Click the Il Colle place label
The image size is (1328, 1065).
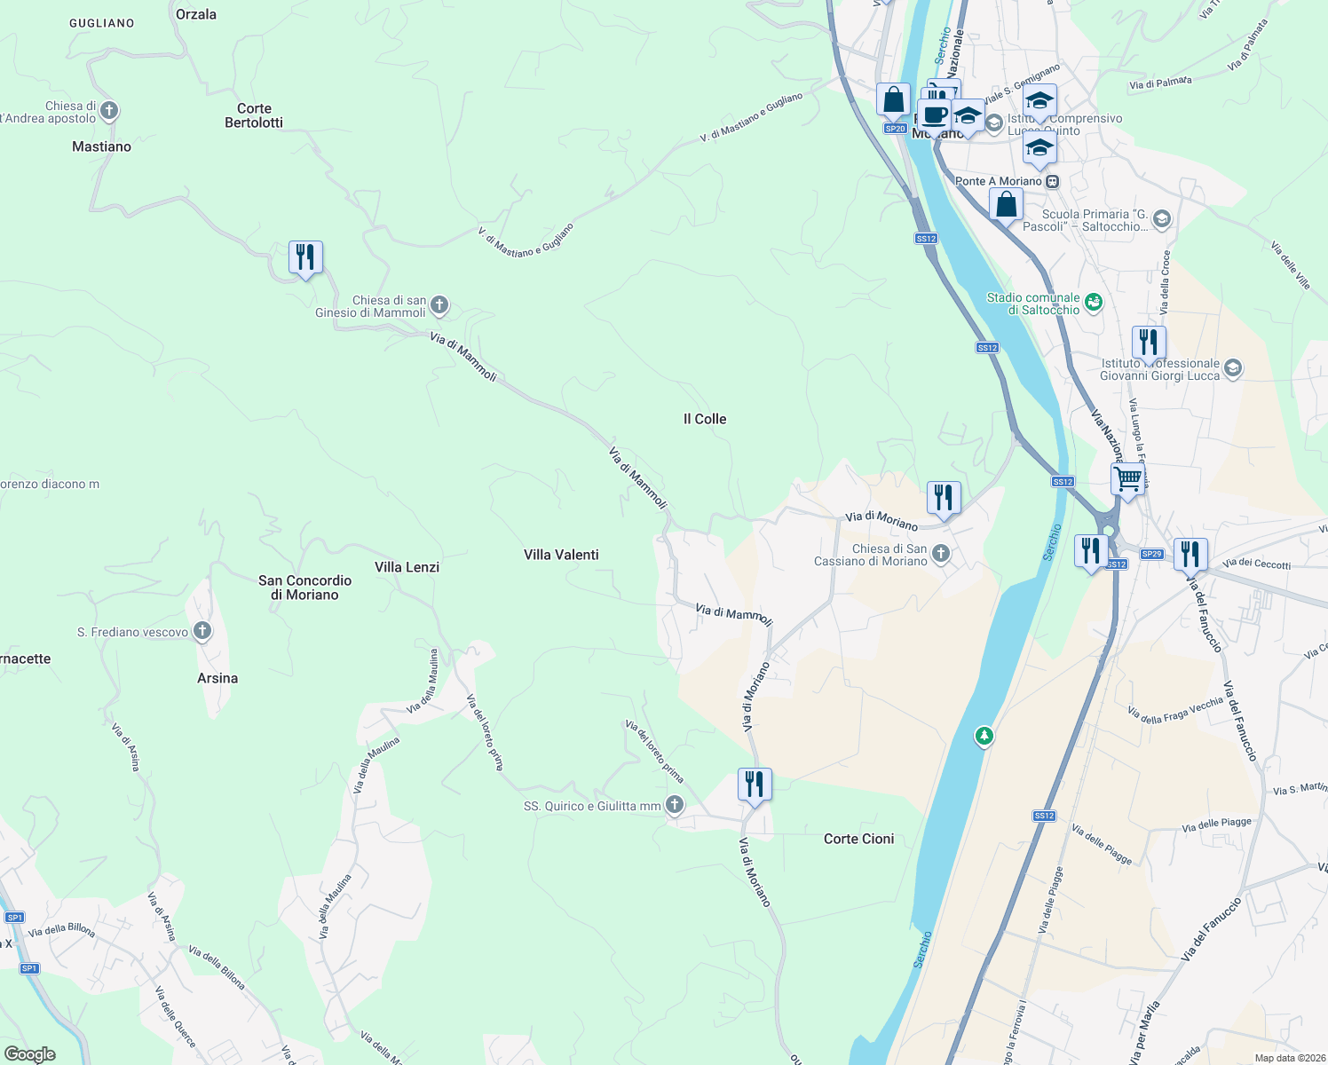pos(705,419)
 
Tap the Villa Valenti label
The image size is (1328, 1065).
pos(561,555)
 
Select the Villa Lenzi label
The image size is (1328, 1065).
pos(407,567)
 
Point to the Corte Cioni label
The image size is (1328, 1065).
pos(858,839)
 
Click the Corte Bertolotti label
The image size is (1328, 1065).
pos(254,115)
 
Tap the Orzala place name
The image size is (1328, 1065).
pos(196,14)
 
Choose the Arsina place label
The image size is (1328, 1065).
pos(217,678)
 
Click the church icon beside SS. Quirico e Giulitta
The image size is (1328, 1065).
pos(675,805)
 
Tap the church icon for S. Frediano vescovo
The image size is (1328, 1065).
pos(202,631)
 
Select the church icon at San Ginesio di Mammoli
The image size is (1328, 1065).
pos(439,306)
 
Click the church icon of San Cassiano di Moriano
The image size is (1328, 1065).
pos(941,555)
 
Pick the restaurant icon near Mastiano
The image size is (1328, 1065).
pos(305,257)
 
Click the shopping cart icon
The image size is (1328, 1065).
pos(1127,479)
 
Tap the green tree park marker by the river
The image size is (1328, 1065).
pos(984,736)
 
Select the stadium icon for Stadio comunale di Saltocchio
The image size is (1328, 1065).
pos(1094,303)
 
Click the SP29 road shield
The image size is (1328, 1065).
pos(1151,554)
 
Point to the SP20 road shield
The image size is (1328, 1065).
pos(895,129)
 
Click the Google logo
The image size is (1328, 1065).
pos(30,1054)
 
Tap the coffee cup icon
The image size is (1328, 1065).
pos(934,114)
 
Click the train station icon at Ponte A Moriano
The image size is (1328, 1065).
pos(1052,181)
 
